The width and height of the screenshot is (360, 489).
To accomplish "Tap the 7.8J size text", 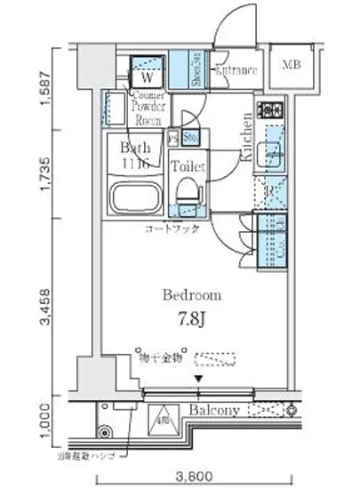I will (x=191, y=317).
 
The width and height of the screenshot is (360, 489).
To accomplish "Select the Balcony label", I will (x=214, y=410).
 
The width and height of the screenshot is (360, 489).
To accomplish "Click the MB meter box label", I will (x=292, y=66).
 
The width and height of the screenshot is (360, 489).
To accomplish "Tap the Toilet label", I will (x=188, y=166).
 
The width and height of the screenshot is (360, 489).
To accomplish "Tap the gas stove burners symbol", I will (x=269, y=111).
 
